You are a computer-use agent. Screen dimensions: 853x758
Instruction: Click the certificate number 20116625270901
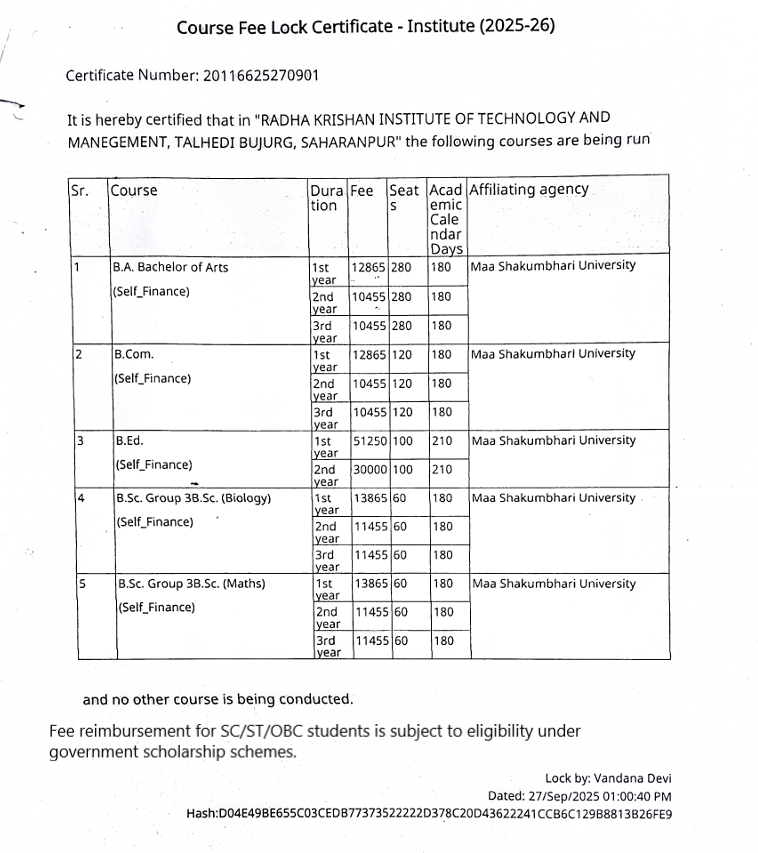(x=261, y=75)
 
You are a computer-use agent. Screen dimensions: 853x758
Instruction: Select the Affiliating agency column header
(x=529, y=190)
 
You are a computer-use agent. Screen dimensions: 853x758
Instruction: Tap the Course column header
(x=134, y=190)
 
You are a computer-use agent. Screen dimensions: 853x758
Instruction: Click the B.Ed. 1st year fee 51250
(x=370, y=441)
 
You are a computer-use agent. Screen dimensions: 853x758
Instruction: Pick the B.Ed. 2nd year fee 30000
(x=370, y=470)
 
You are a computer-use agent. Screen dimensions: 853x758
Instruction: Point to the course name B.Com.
(x=134, y=354)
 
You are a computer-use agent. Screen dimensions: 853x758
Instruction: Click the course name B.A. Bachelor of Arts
(x=170, y=267)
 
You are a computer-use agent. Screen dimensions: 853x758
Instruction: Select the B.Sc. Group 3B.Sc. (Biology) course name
(x=193, y=498)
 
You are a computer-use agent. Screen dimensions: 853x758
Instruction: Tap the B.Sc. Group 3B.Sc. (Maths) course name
(x=190, y=584)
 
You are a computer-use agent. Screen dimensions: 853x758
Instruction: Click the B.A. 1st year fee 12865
(x=368, y=267)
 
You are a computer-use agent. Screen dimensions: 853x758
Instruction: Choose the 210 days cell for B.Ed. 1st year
(x=442, y=441)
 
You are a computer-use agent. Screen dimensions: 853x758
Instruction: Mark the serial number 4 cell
(x=80, y=498)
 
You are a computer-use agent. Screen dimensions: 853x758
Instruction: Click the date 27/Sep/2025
(x=552, y=796)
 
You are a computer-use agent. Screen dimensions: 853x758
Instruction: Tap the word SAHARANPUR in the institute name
(x=348, y=140)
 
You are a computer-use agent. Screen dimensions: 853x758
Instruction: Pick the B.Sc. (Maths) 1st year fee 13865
(x=372, y=584)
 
